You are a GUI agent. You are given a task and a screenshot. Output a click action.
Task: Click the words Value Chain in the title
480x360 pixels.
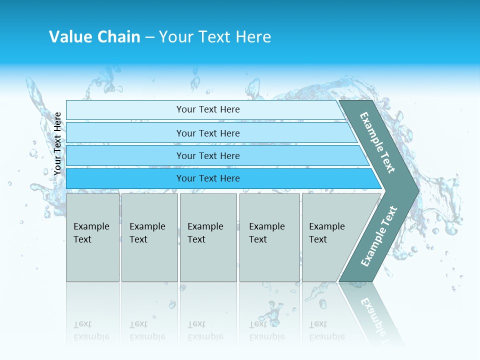pos(94,37)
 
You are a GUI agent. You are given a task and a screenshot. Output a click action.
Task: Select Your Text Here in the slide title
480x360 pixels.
pos(215,37)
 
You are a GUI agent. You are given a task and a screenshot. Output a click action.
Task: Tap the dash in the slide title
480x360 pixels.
pos(149,37)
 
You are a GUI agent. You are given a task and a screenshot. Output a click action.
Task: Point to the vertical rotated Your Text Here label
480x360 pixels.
pos(57,143)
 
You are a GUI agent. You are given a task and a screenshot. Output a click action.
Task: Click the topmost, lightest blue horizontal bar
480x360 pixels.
pos(207,109)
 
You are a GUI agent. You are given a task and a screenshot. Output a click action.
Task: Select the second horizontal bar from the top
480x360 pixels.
pos(207,133)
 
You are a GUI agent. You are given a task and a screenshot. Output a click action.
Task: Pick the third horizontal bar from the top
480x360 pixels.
pos(207,155)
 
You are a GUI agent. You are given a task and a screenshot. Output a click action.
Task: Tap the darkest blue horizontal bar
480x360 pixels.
pos(207,178)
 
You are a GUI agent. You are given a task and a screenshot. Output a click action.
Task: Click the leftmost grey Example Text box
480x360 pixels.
pos(92,237)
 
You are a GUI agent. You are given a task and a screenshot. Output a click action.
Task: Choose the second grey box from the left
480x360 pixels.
pos(149,237)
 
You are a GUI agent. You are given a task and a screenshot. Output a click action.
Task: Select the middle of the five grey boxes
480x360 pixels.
pos(208,237)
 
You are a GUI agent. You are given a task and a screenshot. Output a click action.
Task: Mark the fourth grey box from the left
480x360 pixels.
pos(269,237)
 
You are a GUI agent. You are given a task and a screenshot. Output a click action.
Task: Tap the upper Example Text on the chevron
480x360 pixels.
pos(377,142)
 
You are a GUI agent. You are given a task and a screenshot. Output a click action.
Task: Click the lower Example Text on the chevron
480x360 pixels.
pos(379,236)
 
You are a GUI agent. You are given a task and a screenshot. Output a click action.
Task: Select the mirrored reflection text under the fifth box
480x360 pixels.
pos(326,331)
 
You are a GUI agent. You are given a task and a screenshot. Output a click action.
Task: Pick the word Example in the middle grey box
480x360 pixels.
pos(205,226)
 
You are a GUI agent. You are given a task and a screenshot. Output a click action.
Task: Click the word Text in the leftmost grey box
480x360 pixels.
pos(82,239)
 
